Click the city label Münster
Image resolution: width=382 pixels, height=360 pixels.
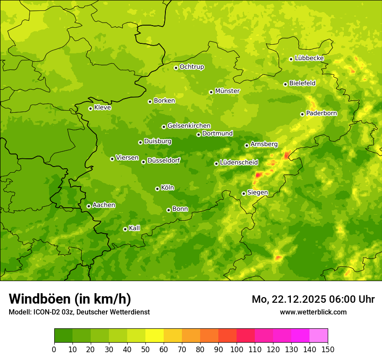[x=227, y=91]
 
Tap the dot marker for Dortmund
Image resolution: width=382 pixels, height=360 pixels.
[x=198, y=134]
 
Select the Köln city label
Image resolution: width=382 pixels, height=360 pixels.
[x=168, y=188]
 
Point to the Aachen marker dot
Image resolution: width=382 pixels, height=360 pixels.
[x=89, y=206]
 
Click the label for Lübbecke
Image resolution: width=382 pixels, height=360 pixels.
[x=309, y=58]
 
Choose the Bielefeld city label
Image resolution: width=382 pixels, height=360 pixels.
[x=302, y=83]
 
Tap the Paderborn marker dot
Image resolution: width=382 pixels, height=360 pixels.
[x=302, y=114]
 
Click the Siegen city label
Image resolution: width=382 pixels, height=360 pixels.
[x=257, y=193]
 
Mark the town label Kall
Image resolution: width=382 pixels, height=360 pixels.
[x=135, y=228]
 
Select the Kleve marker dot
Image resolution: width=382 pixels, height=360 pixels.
[x=90, y=108]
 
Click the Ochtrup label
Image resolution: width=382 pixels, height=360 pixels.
[x=192, y=67]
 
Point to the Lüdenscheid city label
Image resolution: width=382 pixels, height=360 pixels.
[x=239, y=163]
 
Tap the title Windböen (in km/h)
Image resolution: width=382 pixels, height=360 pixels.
[x=70, y=299]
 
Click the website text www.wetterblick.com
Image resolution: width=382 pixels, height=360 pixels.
[x=313, y=312]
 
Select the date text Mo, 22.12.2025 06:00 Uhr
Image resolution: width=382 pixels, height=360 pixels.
[x=313, y=299]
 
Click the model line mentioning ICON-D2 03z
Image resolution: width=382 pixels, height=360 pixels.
[x=79, y=312]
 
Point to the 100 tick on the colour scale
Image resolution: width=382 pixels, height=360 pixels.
[x=237, y=350]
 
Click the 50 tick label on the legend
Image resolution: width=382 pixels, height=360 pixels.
[x=145, y=350]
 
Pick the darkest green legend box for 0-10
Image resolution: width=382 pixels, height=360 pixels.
[x=63, y=336]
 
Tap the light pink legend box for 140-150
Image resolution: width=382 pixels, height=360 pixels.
[x=319, y=336]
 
